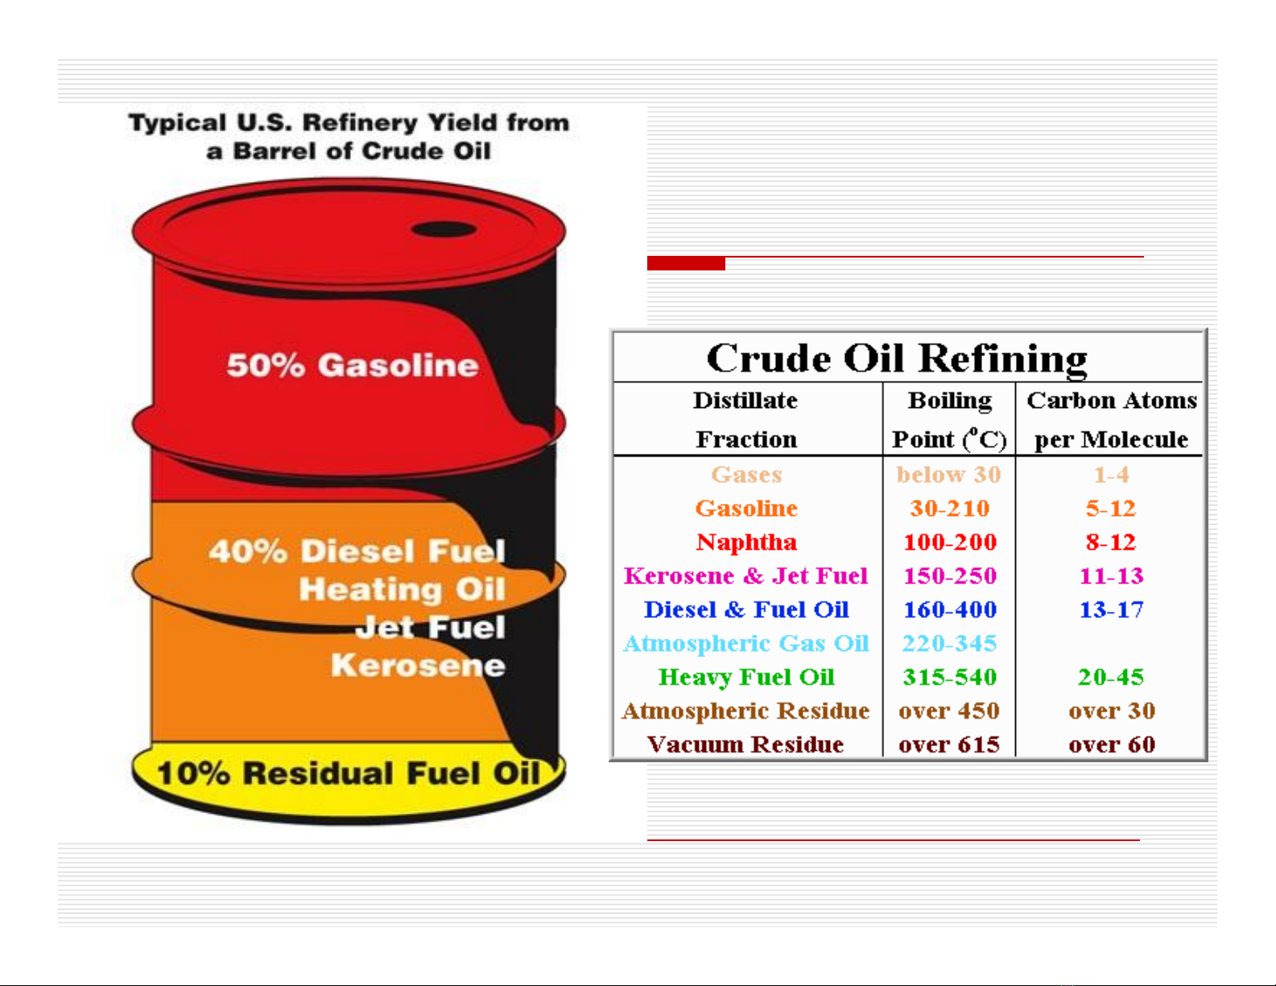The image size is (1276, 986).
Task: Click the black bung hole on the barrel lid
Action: tap(444, 229)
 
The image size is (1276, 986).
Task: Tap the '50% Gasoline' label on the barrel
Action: tap(353, 365)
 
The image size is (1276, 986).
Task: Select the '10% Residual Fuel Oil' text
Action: tap(349, 773)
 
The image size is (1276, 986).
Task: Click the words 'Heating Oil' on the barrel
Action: tap(403, 588)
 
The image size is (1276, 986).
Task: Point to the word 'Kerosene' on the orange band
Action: tap(418, 665)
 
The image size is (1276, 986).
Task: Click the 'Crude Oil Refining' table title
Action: tap(897, 359)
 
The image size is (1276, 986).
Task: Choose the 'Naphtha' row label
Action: tap(746, 542)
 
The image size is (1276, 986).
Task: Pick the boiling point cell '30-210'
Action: tap(949, 508)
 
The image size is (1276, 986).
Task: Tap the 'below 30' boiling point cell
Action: tap(949, 474)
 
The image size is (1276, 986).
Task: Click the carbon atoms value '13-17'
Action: tap(1112, 610)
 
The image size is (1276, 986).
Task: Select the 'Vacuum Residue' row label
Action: tap(745, 745)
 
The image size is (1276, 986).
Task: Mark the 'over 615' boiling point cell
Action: tap(949, 745)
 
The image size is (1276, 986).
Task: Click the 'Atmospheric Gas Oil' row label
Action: tap(746, 644)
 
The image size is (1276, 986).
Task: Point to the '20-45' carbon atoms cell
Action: tap(1111, 677)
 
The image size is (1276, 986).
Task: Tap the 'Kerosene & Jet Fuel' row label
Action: tap(745, 576)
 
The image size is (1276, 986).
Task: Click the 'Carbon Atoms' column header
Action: tap(1112, 400)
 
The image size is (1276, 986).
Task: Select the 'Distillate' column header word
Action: tap(745, 400)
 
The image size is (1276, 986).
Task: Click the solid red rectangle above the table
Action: tap(686, 263)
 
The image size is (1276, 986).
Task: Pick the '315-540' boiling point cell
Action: tap(949, 677)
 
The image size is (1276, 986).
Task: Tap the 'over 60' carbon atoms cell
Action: tap(1112, 745)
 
